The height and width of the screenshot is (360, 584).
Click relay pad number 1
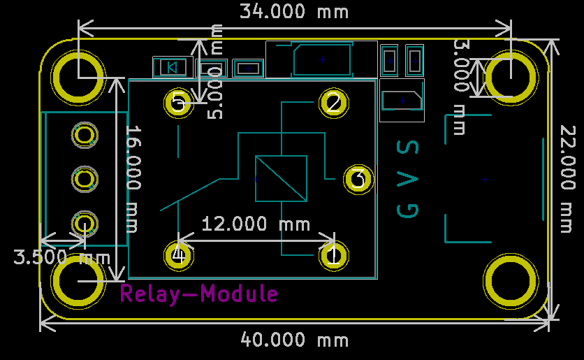click(x=334, y=256)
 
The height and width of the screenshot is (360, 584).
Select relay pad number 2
click(x=334, y=103)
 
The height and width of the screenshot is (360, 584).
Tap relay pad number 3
click(x=358, y=179)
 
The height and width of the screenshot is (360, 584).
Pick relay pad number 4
click(x=179, y=256)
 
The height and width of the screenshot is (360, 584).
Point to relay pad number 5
click(x=179, y=103)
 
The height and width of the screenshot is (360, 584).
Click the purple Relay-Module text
click(x=199, y=294)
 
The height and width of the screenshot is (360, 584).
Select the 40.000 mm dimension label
click(x=294, y=340)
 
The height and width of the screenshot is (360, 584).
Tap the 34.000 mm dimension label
click(x=294, y=11)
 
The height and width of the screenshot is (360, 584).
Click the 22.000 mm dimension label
click(x=568, y=179)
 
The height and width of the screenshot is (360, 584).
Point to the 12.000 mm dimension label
click(x=256, y=224)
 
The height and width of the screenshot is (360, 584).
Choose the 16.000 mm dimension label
click(x=133, y=179)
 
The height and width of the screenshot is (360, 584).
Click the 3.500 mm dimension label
click(x=62, y=257)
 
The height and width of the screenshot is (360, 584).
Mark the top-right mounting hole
click(x=511, y=78)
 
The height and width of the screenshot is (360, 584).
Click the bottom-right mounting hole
click(x=511, y=281)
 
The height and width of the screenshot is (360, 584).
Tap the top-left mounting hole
click(x=78, y=78)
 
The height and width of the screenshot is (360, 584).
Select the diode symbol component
click(x=173, y=67)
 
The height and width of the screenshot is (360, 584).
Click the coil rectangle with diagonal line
click(x=282, y=179)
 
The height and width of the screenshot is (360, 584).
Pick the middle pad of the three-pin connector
click(x=85, y=179)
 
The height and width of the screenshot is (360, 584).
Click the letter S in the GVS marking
click(x=408, y=147)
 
